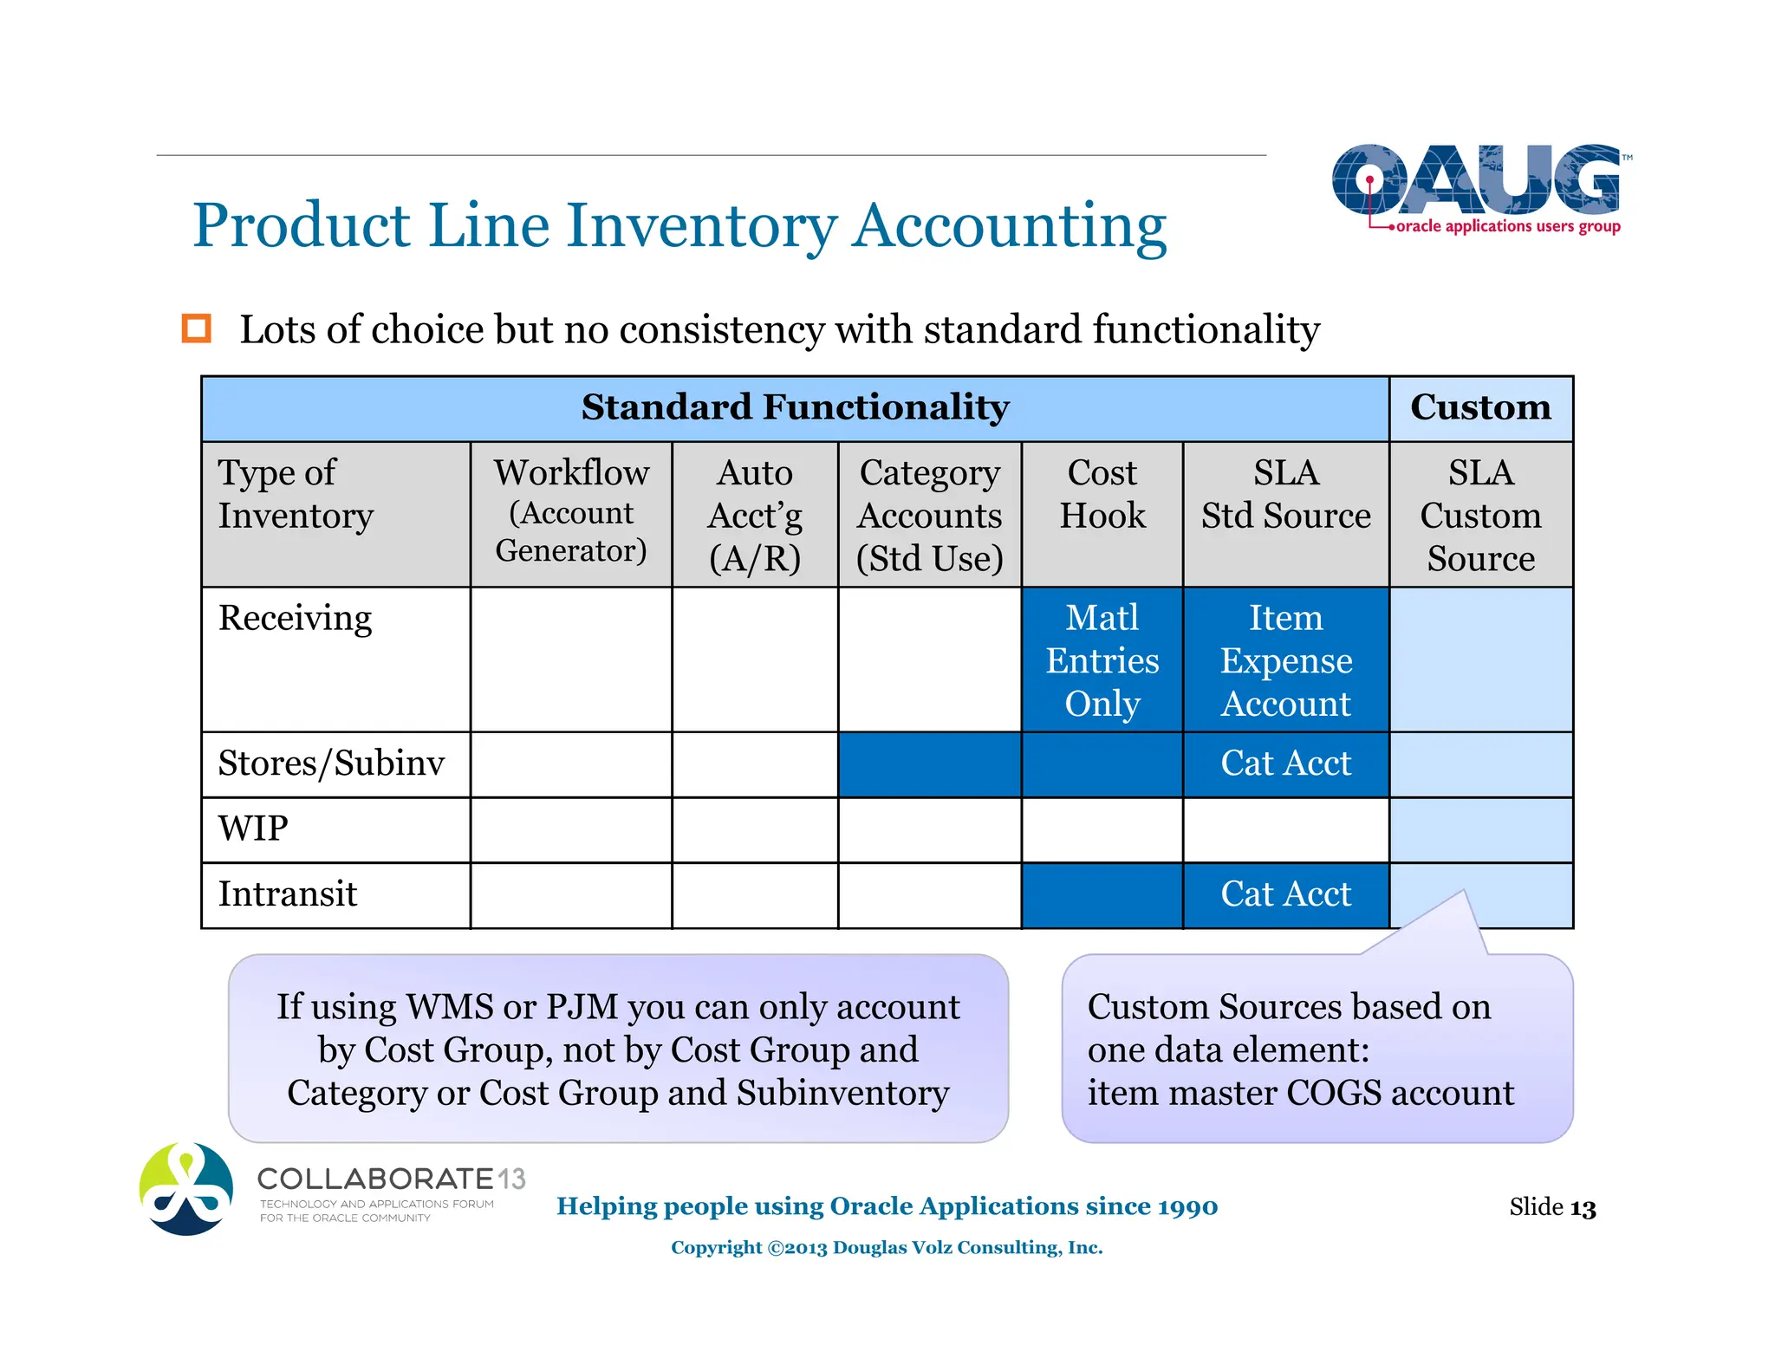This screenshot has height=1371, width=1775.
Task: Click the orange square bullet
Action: tap(197, 329)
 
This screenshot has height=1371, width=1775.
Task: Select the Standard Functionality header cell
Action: tap(795, 408)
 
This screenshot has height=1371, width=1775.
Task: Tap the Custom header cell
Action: tap(1480, 408)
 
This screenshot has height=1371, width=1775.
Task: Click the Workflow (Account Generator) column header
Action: tap(571, 513)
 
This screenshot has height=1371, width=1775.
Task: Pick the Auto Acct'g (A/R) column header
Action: tap(755, 515)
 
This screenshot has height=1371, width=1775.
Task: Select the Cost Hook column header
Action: tap(1102, 495)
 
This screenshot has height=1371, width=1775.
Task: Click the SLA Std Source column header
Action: tap(1285, 495)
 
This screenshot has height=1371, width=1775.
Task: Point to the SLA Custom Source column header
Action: tap(1480, 515)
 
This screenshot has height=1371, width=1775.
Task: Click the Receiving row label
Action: tap(296, 619)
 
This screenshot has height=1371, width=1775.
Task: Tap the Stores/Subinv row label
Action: tap(331, 763)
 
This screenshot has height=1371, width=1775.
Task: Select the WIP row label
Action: tap(253, 829)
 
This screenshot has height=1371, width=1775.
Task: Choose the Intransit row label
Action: tap(288, 894)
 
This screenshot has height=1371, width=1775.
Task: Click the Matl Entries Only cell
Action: tap(1102, 660)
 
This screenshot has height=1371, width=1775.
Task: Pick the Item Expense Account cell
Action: tap(1285, 660)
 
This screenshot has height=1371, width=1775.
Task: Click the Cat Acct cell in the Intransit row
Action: tap(1285, 894)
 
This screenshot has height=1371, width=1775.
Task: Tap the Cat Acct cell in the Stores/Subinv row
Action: tap(1285, 763)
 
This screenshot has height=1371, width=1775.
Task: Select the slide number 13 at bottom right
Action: tap(1582, 1207)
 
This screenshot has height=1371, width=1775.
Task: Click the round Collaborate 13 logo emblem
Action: tap(186, 1188)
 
